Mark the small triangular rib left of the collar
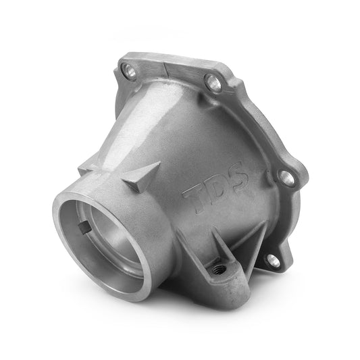tap(88, 166)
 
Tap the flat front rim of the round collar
tap(61, 230)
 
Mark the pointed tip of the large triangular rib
tap(158, 163)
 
